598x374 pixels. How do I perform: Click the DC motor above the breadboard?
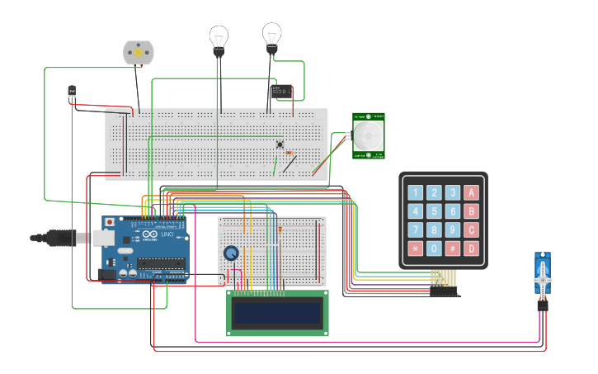click(138, 52)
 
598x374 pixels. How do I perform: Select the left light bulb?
click(219, 37)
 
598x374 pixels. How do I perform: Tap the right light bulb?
click(272, 35)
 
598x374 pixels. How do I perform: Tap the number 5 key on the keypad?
click(434, 211)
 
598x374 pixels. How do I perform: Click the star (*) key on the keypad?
click(415, 248)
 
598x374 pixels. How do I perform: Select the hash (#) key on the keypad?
click(453, 248)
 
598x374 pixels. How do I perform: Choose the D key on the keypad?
click(471, 248)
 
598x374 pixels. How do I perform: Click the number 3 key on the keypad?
click(453, 193)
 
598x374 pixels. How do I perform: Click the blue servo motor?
click(542, 279)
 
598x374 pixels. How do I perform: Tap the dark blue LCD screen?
click(277, 313)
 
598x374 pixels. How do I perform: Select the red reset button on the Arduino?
click(108, 223)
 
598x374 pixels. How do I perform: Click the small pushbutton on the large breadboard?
click(280, 144)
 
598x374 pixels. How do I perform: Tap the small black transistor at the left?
click(72, 91)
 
